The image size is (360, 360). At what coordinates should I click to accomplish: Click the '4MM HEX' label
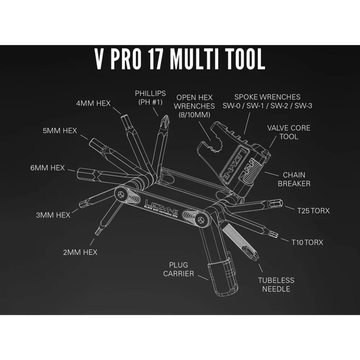[94, 103]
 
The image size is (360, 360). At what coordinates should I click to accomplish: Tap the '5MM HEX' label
[60, 131]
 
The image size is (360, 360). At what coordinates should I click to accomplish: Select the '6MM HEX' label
[48, 168]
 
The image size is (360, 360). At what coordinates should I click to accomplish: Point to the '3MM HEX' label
[53, 215]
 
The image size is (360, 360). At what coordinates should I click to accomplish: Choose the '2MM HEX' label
[80, 252]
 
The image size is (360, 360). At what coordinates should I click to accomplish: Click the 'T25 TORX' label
[314, 211]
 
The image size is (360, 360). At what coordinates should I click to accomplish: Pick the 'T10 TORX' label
[307, 242]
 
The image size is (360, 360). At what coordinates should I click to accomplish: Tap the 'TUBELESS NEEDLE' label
[276, 285]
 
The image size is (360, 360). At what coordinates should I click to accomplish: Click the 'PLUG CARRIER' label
[179, 269]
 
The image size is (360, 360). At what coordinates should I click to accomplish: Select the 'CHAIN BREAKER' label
[294, 179]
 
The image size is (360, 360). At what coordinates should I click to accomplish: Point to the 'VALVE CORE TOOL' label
[289, 132]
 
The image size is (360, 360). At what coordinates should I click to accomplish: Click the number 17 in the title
[155, 59]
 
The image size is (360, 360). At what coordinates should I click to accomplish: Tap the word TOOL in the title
[244, 59]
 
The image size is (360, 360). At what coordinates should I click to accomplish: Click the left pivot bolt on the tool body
[120, 195]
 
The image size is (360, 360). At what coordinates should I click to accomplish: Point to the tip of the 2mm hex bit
[98, 232]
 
